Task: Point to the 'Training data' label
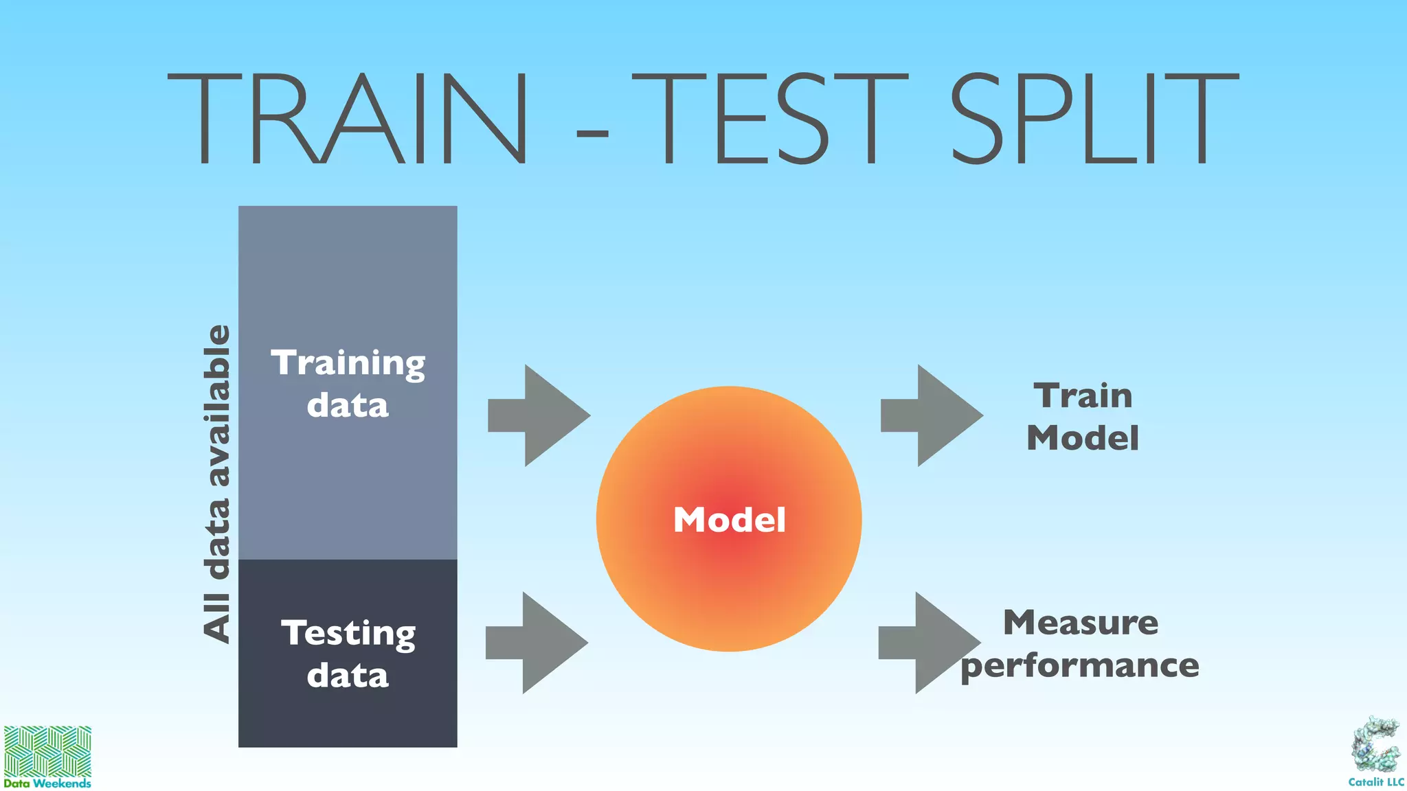pos(348,383)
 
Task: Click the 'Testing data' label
pos(348,654)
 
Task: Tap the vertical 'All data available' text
pos(216,483)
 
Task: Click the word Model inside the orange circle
pos(729,520)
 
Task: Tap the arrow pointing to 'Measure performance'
pos(927,643)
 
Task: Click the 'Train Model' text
pos(1083,417)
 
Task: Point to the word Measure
pos(1081,623)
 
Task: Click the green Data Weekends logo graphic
pos(47,751)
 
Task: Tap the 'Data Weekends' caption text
pos(47,783)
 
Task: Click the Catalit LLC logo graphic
pos(1376,746)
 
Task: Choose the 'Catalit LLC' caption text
pos(1376,782)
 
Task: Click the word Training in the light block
pos(348,363)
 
